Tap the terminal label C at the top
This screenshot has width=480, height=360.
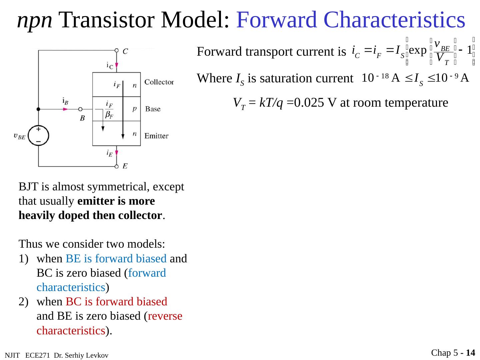(125, 51)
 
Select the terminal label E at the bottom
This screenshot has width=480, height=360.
(125, 166)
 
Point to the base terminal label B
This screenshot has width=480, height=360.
(82, 118)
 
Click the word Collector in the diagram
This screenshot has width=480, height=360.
(159, 82)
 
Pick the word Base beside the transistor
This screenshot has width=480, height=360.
(153, 109)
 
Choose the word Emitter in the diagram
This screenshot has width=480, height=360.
(156, 136)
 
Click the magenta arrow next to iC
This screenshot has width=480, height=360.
(117, 65)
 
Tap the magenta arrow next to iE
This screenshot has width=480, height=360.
(117, 153)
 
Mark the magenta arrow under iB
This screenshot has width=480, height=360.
(66, 109)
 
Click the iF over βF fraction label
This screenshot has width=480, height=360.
(109, 110)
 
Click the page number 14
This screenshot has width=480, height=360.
(470, 353)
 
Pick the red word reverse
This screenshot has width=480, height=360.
(165, 316)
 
